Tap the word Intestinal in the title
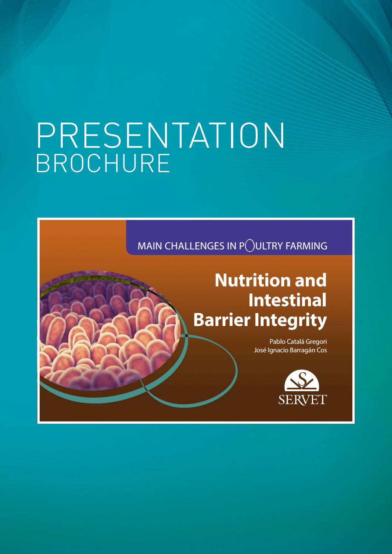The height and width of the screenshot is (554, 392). click(287, 300)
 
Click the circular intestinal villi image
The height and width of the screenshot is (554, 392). click(107, 329)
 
